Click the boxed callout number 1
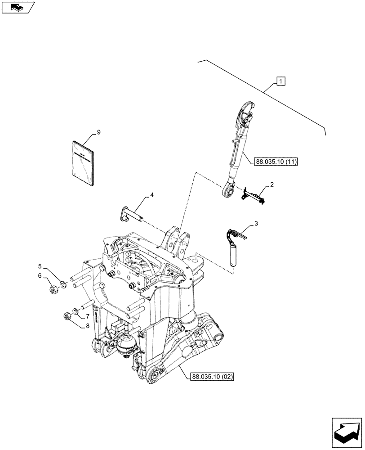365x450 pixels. click(280, 81)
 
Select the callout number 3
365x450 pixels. click(256, 223)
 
